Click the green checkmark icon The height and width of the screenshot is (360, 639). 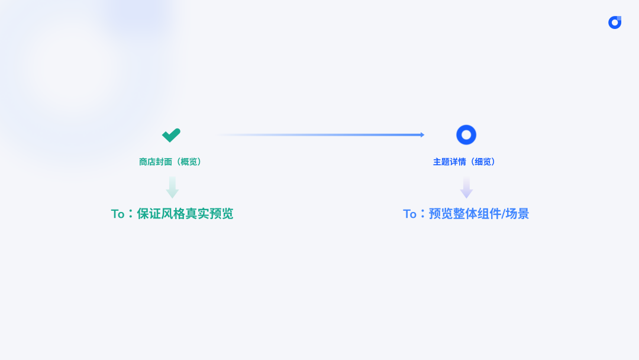coord(171,135)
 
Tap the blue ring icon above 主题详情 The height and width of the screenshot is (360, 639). coord(466,135)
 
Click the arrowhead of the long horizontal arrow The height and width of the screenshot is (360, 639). coord(422,135)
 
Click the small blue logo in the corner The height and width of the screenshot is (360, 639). coord(615,22)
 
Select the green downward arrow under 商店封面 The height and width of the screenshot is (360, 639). coord(172,187)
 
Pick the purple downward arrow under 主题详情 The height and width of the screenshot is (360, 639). coord(466,188)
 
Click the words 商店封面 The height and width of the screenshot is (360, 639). coord(155,162)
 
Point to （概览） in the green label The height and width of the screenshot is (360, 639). coord(188,162)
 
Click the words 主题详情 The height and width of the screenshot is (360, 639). coord(449,162)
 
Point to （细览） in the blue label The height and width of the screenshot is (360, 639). coord(482,162)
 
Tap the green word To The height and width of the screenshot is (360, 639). coord(118,214)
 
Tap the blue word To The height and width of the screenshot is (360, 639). coord(410,214)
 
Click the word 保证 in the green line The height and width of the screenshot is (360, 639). coord(149,214)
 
